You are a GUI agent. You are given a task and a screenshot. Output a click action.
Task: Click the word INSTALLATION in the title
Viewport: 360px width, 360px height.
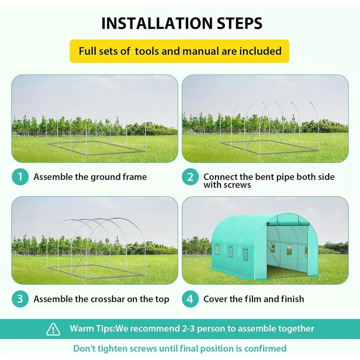pos(157,23)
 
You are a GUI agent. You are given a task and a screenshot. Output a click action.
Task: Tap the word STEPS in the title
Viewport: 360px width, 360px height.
pos(240,23)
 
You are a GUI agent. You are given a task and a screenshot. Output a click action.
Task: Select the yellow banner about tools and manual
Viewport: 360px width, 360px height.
pos(179,51)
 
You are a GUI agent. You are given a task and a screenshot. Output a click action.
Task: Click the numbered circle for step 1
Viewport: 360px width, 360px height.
pos(20,177)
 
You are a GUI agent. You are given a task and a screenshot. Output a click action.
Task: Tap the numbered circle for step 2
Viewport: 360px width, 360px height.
pos(190,177)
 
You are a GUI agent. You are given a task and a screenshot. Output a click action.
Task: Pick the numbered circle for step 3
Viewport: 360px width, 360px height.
pos(20,299)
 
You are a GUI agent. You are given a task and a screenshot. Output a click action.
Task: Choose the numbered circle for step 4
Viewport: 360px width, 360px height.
pos(190,299)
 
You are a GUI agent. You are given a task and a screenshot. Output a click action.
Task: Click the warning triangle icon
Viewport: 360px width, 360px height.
pos(53,329)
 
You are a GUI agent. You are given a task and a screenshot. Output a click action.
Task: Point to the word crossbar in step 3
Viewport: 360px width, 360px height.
pos(108,299)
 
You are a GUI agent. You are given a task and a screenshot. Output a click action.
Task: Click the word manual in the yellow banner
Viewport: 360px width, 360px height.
pos(201,51)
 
